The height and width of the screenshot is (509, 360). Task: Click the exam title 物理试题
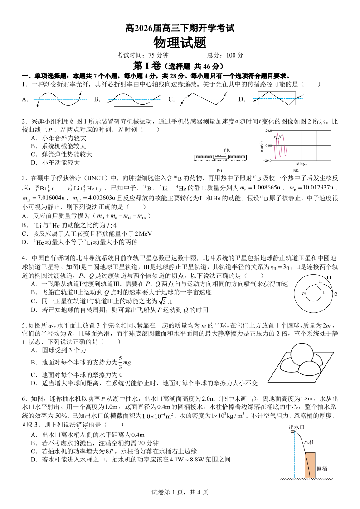(180, 43)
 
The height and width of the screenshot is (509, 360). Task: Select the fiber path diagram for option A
(60, 99)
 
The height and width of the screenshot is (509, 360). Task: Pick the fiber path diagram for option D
(276, 99)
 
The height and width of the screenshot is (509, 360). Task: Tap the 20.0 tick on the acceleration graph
(267, 131)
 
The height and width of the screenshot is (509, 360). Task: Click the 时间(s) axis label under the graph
(301, 164)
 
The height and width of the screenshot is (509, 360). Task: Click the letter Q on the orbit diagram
(336, 294)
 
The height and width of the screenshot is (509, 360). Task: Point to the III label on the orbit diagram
(329, 278)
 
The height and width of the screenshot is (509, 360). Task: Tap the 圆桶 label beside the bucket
(322, 469)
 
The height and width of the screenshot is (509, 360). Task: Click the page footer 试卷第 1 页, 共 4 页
(180, 492)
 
